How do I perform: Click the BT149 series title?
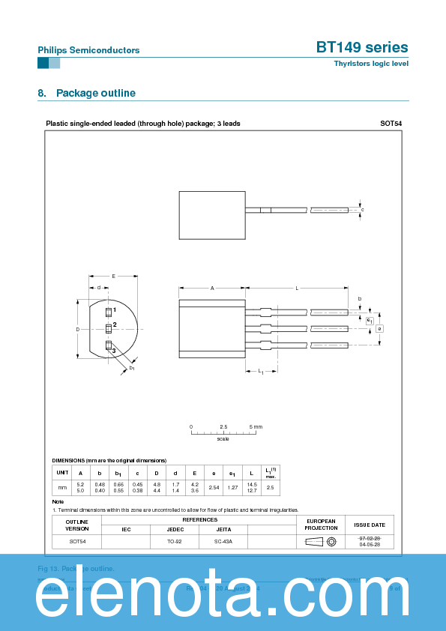click(x=362, y=47)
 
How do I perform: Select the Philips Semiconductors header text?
click(x=88, y=50)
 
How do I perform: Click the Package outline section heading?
click(x=86, y=93)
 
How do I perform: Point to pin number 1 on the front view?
click(x=115, y=310)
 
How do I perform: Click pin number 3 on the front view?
click(x=114, y=351)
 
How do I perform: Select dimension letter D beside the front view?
click(x=77, y=330)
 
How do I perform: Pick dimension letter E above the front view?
click(x=113, y=277)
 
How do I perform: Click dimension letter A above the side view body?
click(x=212, y=288)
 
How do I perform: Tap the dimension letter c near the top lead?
click(x=362, y=210)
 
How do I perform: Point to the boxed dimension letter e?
click(x=379, y=328)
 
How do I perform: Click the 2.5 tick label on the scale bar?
click(x=223, y=426)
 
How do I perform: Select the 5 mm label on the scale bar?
click(x=256, y=426)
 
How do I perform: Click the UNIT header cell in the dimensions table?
click(x=62, y=473)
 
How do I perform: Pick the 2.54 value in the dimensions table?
click(x=213, y=488)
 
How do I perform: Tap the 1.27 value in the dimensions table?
click(x=232, y=488)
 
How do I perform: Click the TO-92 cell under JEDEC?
click(x=175, y=541)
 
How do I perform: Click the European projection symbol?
click(x=321, y=541)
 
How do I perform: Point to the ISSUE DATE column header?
click(x=369, y=525)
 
